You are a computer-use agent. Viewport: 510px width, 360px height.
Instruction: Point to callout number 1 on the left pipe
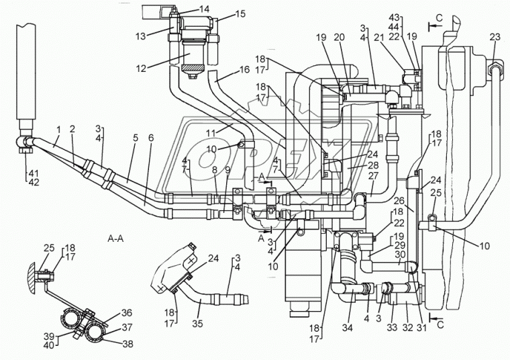click(58, 129)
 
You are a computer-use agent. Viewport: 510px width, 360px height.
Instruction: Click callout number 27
click(373, 177)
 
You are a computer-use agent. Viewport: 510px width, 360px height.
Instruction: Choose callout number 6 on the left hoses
click(151, 138)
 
